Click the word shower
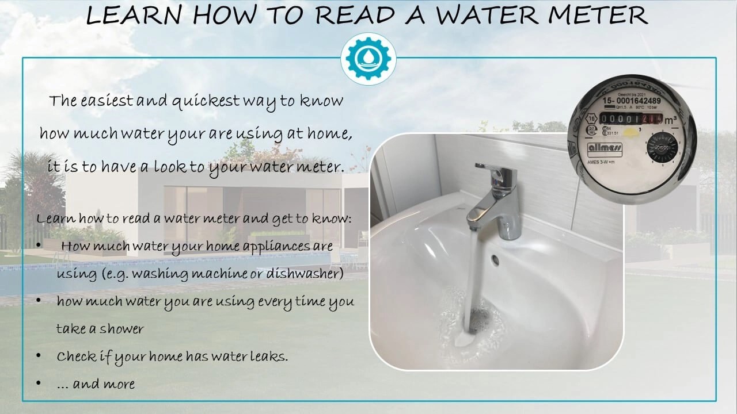click(x=121, y=329)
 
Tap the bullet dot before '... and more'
click(x=39, y=383)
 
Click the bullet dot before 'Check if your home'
click(x=39, y=356)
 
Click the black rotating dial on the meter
click(x=662, y=147)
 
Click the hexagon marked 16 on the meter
click(x=591, y=119)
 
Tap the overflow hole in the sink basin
click(x=495, y=259)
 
